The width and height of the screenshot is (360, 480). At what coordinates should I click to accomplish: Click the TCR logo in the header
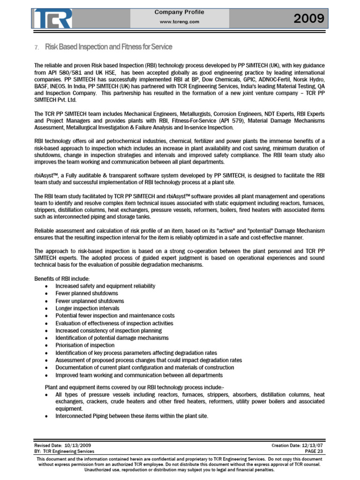coord(52,18)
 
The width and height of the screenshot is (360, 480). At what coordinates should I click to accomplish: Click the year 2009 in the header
coord(308,19)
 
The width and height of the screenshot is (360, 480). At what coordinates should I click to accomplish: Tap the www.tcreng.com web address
coord(180,22)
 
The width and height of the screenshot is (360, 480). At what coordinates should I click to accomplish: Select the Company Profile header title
coord(180,12)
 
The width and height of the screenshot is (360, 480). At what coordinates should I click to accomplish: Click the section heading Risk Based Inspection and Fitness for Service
coord(108,47)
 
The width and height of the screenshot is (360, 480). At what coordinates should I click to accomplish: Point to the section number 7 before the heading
coord(37,47)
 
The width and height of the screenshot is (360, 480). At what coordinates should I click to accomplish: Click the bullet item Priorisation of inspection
coord(85,345)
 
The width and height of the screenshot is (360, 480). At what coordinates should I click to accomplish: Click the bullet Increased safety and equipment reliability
coord(105,286)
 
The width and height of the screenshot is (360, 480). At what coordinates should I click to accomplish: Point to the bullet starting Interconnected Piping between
coord(132,416)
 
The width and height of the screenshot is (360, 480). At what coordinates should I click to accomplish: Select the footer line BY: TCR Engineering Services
coord(64,451)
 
